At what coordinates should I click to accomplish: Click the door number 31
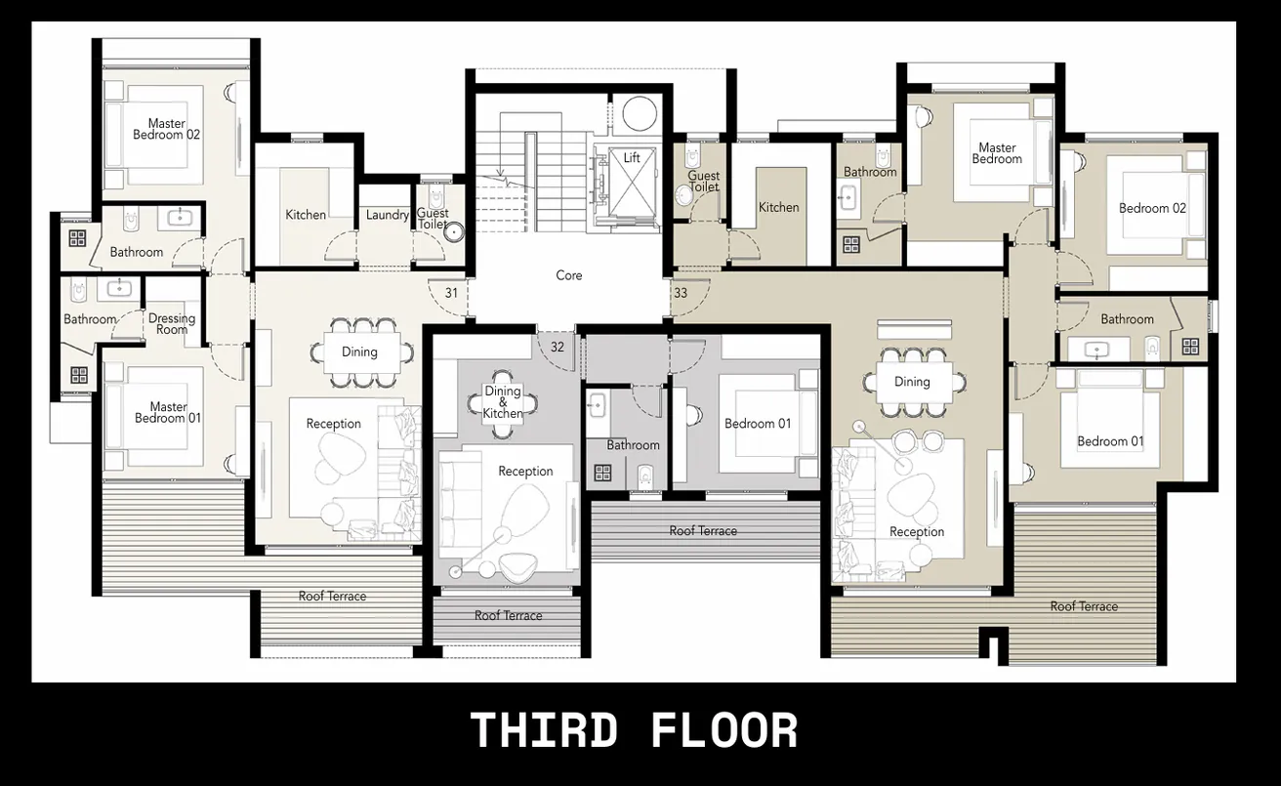[x=451, y=292]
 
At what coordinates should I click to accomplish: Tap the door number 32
[x=558, y=346]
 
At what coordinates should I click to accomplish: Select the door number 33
[x=681, y=292]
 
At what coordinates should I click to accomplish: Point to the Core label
[x=569, y=275]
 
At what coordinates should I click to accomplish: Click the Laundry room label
[x=387, y=215]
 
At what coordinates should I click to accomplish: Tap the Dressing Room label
[x=172, y=323]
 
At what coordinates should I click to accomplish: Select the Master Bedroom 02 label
[x=167, y=130]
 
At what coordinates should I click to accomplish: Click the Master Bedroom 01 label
[x=168, y=412]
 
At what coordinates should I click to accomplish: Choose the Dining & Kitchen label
[x=503, y=402]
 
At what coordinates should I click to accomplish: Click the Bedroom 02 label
[x=1152, y=208]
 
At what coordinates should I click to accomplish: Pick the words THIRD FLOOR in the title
[x=634, y=731]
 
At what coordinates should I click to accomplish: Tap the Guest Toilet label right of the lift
[x=703, y=182]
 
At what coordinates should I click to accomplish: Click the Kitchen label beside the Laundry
[x=306, y=215]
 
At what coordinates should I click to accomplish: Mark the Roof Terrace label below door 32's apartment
[x=508, y=615]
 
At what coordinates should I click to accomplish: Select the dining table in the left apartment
[x=360, y=352]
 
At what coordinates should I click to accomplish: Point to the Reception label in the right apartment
[x=917, y=532]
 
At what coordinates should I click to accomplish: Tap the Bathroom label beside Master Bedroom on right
[x=870, y=172]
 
